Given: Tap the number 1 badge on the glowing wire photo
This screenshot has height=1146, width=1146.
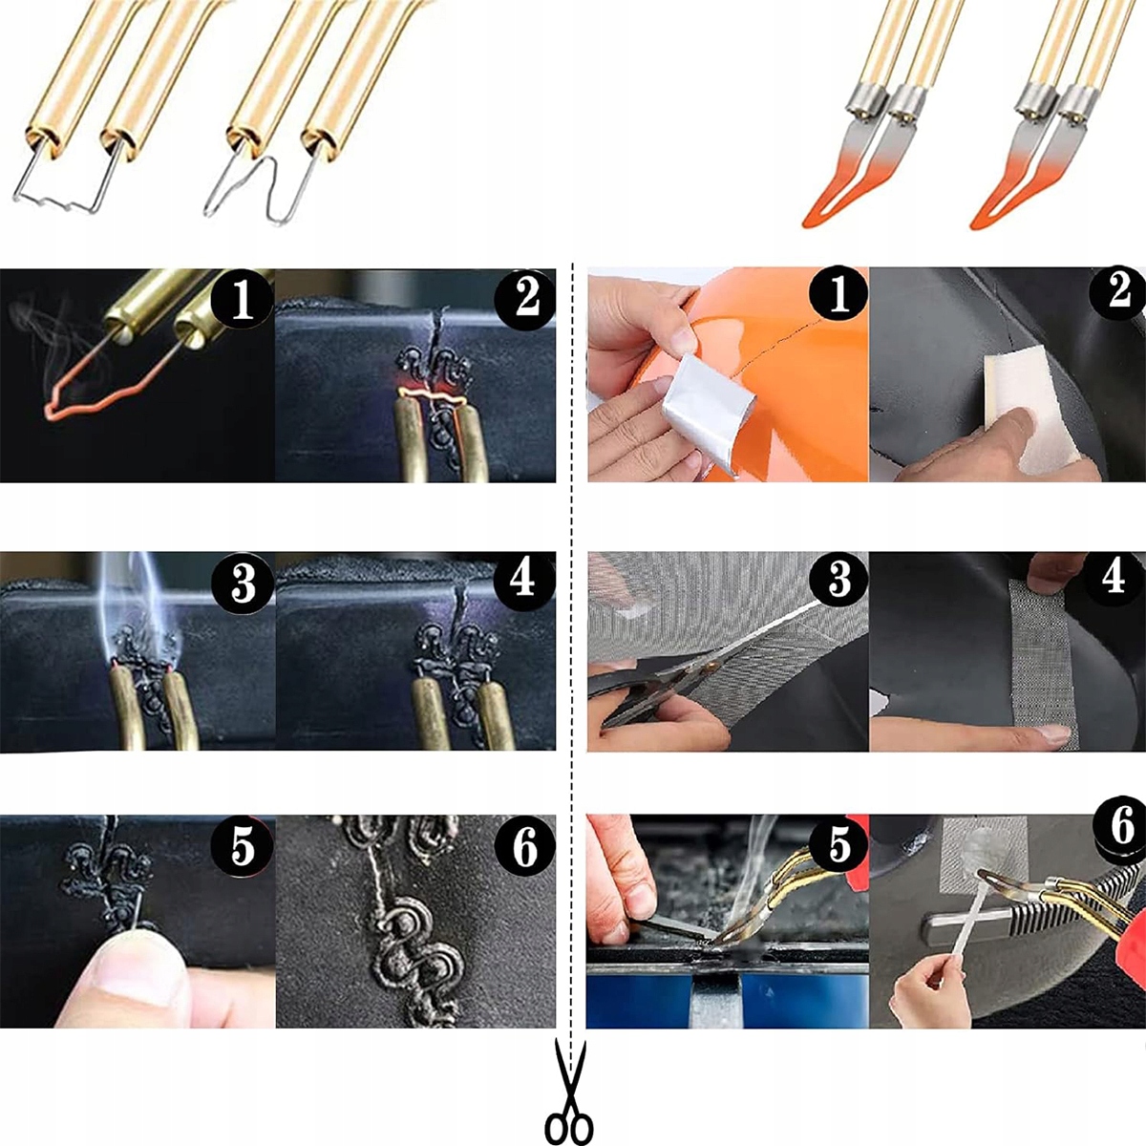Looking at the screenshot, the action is [x=242, y=299].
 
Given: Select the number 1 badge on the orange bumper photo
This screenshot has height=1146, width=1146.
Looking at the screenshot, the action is [x=838, y=295].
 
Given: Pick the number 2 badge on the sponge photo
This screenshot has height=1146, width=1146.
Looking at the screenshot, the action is [x=1118, y=292].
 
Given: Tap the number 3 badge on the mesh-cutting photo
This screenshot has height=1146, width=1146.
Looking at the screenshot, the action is [x=838, y=581].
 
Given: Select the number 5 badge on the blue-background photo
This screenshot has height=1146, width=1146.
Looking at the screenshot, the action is [x=838, y=845].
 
